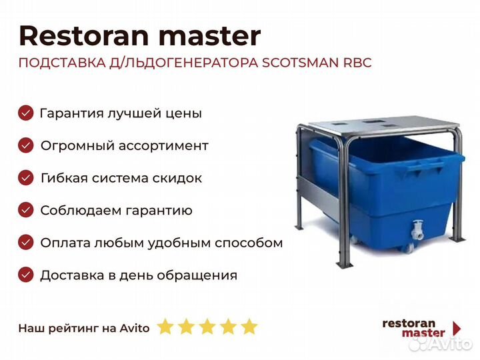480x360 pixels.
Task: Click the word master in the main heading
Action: tap(209, 36)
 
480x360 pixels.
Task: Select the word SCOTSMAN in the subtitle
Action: tap(300, 63)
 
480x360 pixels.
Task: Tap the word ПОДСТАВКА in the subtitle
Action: tap(62, 63)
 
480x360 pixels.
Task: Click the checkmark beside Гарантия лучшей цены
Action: tap(26, 113)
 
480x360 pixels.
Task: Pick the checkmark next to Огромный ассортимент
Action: tap(26, 145)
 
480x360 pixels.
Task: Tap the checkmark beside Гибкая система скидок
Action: tap(26, 177)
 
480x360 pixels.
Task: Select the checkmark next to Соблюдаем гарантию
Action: tap(26, 210)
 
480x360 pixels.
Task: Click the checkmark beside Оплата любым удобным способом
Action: tap(26, 243)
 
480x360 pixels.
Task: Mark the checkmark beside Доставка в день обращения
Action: tap(26, 275)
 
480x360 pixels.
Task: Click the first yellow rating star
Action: tap(165, 326)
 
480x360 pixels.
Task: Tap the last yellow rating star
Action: tap(249, 326)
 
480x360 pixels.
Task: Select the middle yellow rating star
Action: tap(207, 326)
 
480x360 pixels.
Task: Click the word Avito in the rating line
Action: tap(135, 328)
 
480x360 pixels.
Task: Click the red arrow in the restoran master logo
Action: tap(457, 328)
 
